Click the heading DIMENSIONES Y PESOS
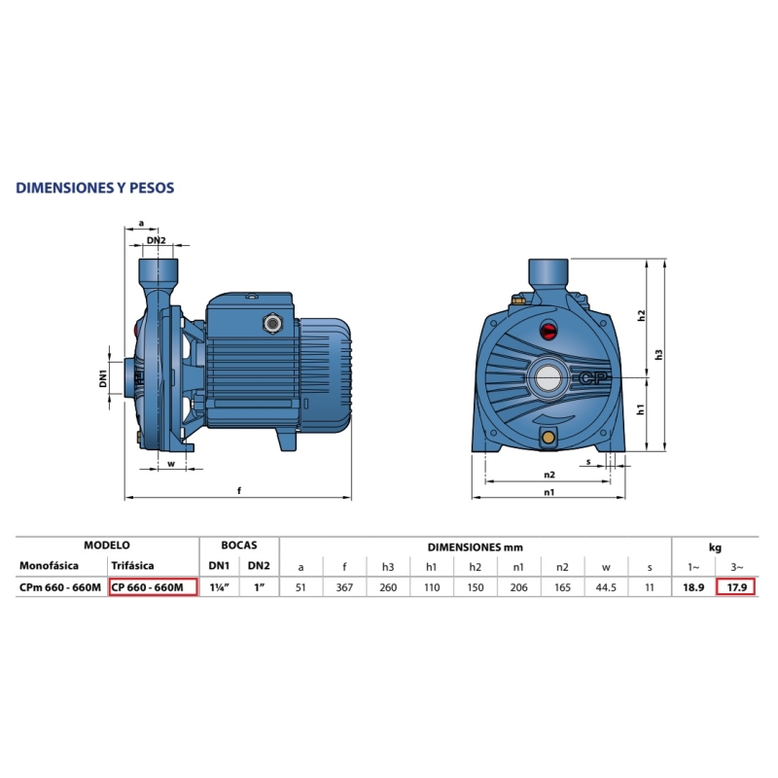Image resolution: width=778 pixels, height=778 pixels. click(x=94, y=188)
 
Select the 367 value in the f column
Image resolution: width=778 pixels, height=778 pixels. click(x=344, y=587)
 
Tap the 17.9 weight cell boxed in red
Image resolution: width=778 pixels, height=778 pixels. click(x=737, y=587)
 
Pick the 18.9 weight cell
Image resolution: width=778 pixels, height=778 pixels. click(x=693, y=587)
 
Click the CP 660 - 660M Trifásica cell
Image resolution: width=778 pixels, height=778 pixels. click(x=154, y=587)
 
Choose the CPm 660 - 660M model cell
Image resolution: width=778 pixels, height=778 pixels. click(x=60, y=587)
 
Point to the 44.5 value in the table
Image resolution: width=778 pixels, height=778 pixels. click(x=606, y=587)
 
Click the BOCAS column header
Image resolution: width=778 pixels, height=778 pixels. click(x=239, y=546)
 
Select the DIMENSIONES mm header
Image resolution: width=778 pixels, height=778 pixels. click(x=476, y=548)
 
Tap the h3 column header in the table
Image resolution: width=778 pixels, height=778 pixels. click(x=388, y=567)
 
